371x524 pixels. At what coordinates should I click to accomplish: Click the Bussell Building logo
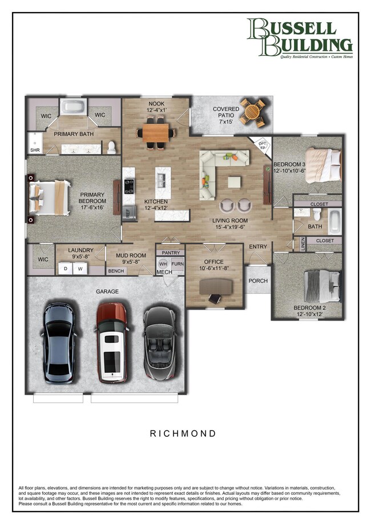(300, 38)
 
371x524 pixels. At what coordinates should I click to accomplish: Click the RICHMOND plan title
(183, 433)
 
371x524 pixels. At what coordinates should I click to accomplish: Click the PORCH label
(259, 281)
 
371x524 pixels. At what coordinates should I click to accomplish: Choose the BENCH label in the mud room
(116, 271)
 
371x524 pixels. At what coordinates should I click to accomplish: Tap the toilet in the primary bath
(112, 147)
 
